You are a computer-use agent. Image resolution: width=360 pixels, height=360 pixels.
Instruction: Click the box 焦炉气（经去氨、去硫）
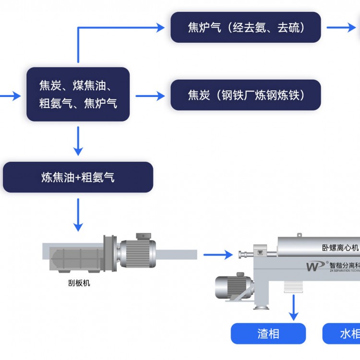(x=245, y=27)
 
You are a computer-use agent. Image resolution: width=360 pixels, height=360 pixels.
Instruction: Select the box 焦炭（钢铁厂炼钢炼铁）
(x=245, y=95)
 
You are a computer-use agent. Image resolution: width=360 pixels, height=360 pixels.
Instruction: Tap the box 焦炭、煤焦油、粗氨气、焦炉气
(x=78, y=94)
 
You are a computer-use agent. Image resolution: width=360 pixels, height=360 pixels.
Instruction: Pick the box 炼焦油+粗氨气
(x=78, y=177)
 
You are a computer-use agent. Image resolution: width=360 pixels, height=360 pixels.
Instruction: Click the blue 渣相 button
(x=268, y=334)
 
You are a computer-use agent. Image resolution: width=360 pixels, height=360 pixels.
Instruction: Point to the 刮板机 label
(x=79, y=283)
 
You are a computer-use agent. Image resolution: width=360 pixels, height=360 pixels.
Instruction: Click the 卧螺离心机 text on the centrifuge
(x=340, y=248)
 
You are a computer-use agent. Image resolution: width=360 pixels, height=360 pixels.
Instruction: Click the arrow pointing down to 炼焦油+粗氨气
(x=78, y=142)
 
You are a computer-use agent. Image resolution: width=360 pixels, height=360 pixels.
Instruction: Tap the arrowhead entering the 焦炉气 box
(x=159, y=27)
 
